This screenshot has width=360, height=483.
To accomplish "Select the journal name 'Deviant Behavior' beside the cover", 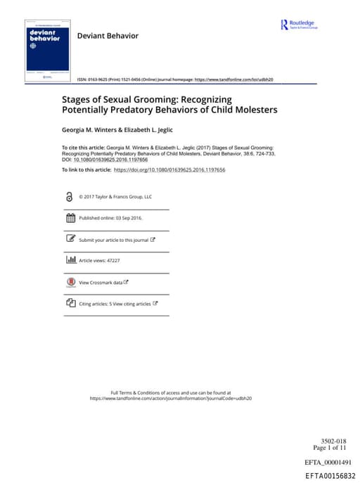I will [108, 35].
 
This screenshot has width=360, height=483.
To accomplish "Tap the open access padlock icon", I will [69, 198].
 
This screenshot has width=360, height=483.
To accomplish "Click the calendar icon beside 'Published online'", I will [70, 219].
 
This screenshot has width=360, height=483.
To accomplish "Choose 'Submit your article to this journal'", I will [114, 240].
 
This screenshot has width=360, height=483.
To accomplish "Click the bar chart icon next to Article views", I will [70, 260].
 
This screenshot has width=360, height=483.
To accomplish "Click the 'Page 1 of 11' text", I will [329, 448].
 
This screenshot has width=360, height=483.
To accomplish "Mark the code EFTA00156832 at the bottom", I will [330, 475].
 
